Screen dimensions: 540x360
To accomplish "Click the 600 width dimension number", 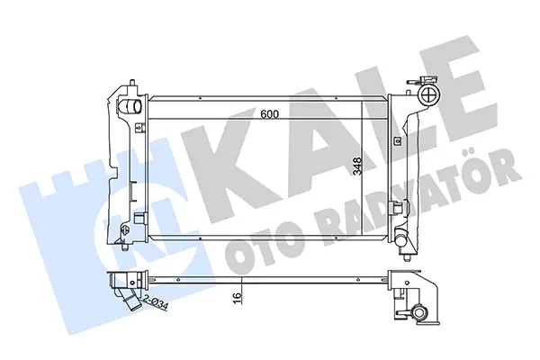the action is pyautogui.click(x=269, y=114).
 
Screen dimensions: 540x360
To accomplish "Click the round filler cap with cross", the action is pyautogui.click(x=429, y=93).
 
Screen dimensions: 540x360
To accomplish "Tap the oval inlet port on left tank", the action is pyautogui.click(x=130, y=106).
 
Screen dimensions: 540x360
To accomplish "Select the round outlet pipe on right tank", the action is pyautogui.click(x=400, y=239).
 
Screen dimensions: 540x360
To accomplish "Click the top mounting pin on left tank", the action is pyautogui.click(x=132, y=84).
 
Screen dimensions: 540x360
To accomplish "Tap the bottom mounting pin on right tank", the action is pyautogui.click(x=408, y=257).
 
